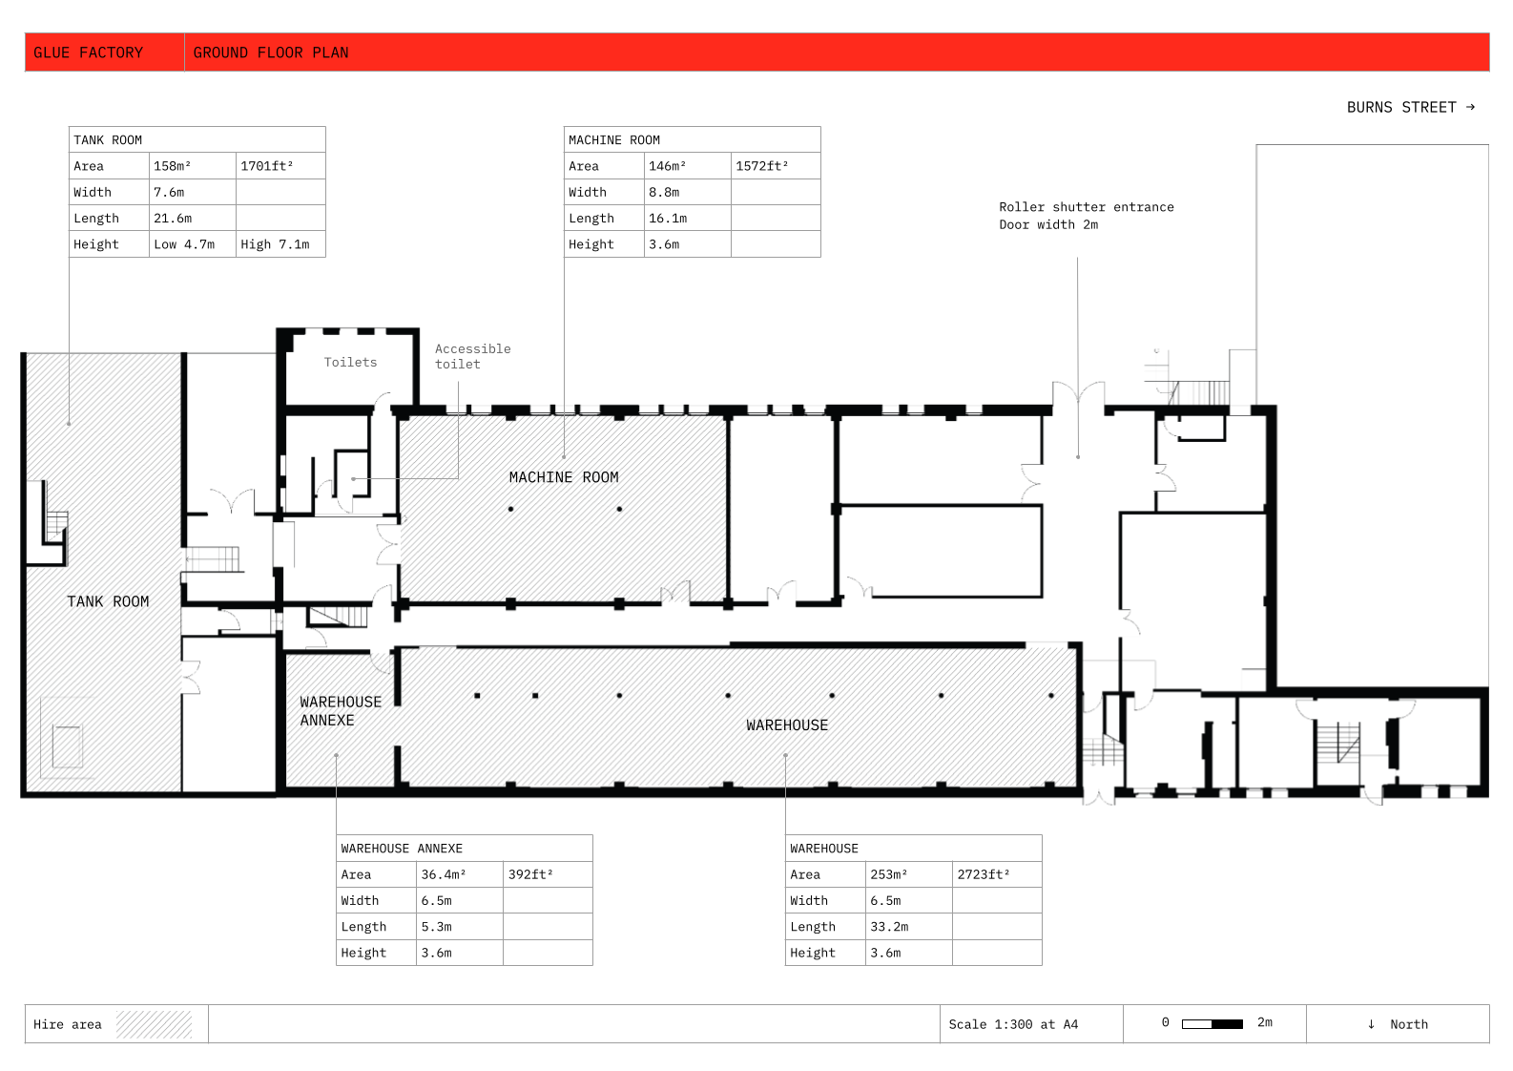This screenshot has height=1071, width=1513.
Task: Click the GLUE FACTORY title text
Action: point(89,52)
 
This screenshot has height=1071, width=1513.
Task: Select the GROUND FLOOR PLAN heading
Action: point(271,52)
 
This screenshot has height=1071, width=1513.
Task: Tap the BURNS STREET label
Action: point(1401,108)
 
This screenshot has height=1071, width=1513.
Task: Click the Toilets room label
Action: point(350,362)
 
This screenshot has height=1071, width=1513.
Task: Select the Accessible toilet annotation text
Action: point(473,356)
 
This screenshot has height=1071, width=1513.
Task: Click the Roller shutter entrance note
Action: point(1087,216)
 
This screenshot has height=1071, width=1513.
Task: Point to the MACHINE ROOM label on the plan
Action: point(564,477)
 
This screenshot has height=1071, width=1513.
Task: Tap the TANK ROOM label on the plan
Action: point(108,601)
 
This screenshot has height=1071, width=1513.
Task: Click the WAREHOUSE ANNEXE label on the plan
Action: point(341,711)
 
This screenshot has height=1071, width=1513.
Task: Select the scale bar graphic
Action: point(1212,1024)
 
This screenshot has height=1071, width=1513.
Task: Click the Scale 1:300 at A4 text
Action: point(1013,1024)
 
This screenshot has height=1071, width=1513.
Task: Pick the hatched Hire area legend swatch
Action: point(154,1024)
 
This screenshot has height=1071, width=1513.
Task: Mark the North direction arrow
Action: point(1371,1024)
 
